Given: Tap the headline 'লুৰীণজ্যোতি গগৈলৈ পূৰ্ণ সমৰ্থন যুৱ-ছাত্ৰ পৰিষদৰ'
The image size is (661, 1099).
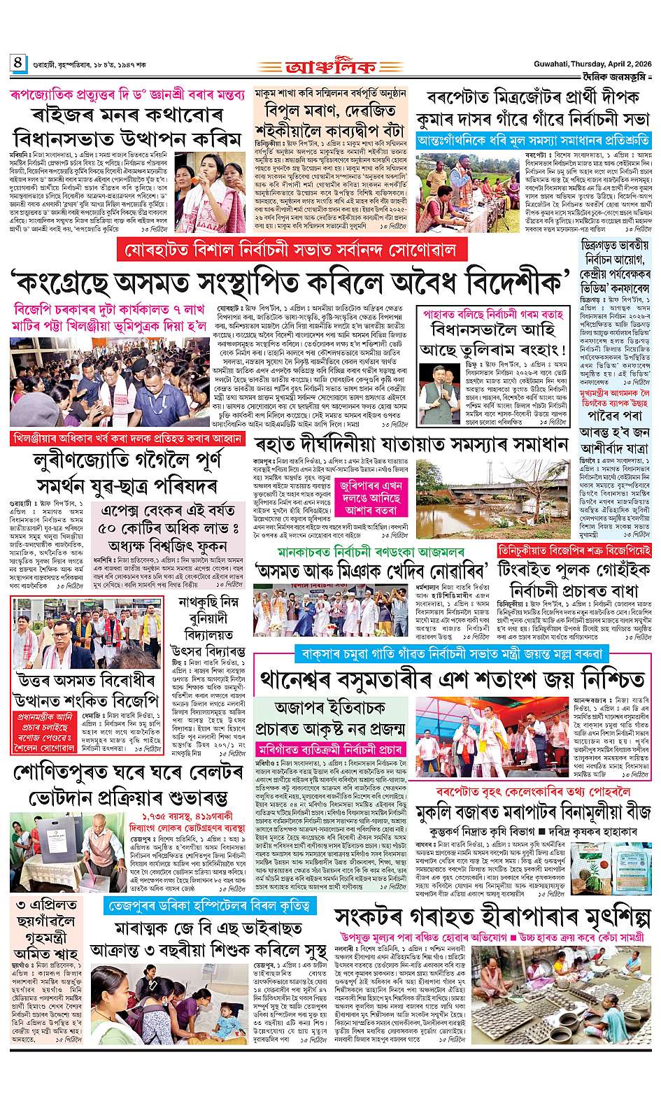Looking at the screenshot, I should [x=126, y=472].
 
